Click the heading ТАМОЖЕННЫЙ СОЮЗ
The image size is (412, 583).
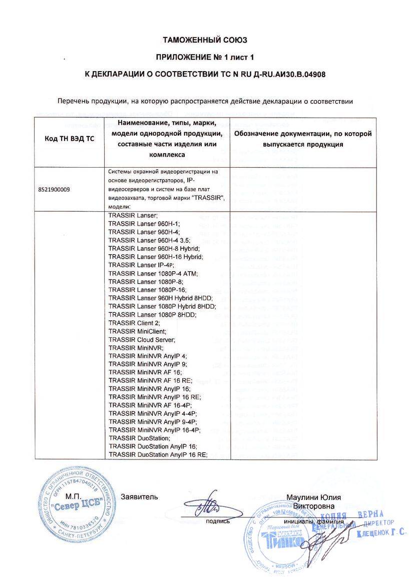coord(206,40)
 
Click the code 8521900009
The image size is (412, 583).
coord(55,190)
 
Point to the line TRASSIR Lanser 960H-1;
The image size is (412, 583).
coord(144,224)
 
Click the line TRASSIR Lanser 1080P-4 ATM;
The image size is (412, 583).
coord(153,273)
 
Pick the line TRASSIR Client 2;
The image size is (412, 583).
coord(134,323)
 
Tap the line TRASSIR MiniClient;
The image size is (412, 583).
coord(137,331)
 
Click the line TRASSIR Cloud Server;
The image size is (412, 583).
coord(142,339)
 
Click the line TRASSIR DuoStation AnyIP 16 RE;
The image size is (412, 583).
coord(158,454)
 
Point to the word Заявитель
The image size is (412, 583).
coord(139,497)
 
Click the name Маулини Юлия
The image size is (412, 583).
coord(313,497)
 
